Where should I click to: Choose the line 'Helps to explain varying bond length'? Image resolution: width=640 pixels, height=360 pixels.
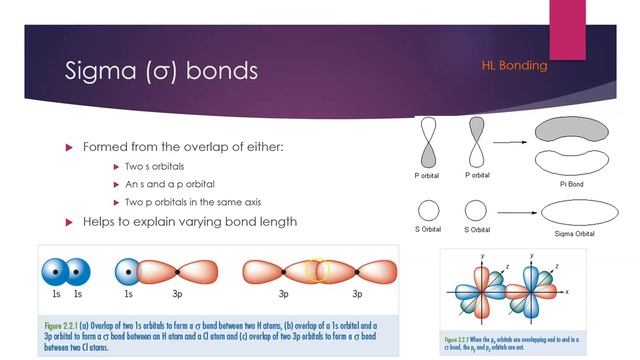pyautogui.click(x=190, y=221)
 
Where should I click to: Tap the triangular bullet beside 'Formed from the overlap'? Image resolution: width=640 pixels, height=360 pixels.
pyautogui.click(x=70, y=147)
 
